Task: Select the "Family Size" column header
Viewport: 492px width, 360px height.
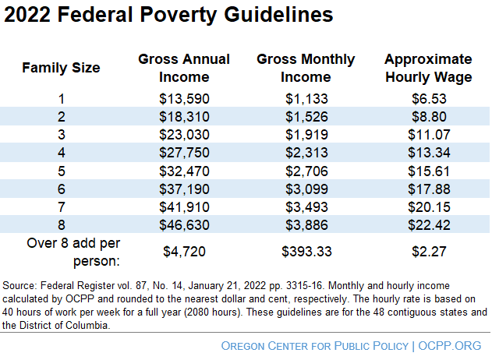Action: pyautogui.click(x=61, y=68)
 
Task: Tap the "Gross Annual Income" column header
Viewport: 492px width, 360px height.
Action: pyautogui.click(x=184, y=68)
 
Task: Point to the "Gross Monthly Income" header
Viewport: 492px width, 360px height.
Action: pyautogui.click(x=306, y=68)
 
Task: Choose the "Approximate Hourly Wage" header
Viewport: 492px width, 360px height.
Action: pyautogui.click(x=428, y=68)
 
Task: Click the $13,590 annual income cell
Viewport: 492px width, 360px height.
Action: pyautogui.click(x=184, y=99)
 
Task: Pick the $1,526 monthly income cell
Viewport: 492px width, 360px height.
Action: pyautogui.click(x=306, y=116)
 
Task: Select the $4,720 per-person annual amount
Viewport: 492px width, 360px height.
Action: pyautogui.click(x=184, y=251)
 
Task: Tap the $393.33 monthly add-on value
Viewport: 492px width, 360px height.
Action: pyautogui.click(x=306, y=251)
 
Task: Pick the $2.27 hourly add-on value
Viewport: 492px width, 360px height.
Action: pyautogui.click(x=428, y=251)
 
